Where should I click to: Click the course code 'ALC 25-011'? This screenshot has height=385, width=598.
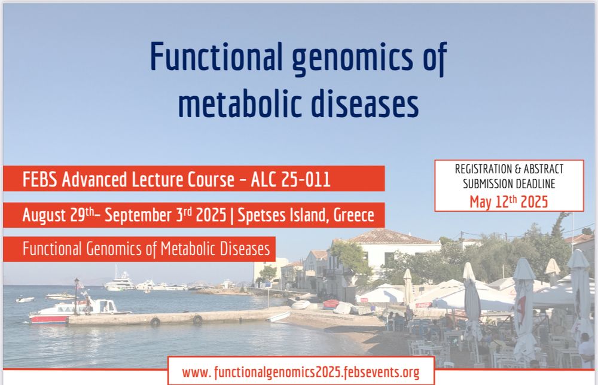point(291,179)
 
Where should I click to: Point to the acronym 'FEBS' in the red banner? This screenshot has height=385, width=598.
point(39,179)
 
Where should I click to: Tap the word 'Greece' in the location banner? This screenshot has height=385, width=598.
point(353,215)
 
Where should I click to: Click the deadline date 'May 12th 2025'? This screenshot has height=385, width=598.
point(509,201)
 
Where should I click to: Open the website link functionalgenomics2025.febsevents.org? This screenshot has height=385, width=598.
point(301,372)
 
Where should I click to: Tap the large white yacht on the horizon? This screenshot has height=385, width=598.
point(119,283)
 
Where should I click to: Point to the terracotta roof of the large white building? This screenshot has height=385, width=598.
point(385,237)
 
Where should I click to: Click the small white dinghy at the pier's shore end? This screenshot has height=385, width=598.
point(279,317)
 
